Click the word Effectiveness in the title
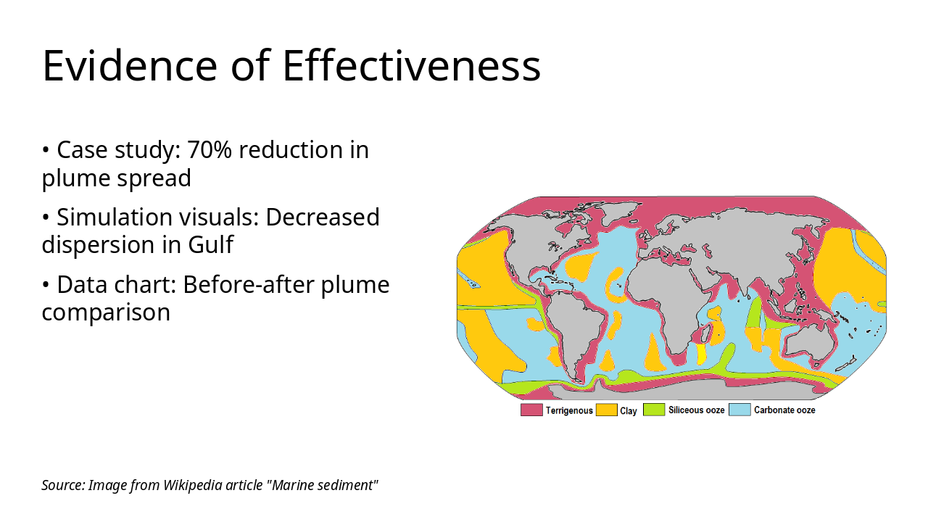click(411, 65)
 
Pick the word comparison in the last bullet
click(106, 312)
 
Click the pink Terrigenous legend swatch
click(531, 410)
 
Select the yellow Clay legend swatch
click(605, 410)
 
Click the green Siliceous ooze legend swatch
click(654, 410)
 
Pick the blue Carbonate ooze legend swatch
click(739, 410)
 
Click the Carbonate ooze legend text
click(784, 410)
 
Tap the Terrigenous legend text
click(569, 410)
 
